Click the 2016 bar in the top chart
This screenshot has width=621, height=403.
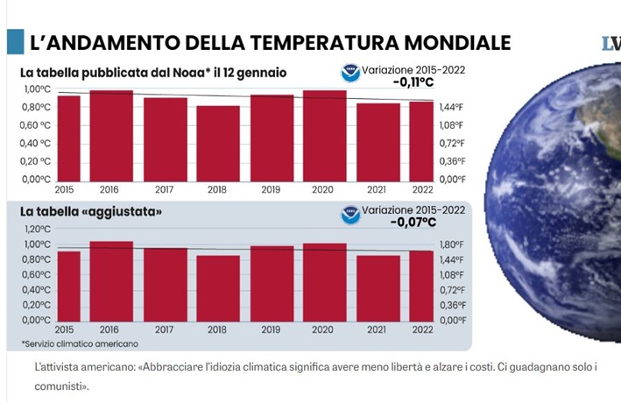pyautogui.click(x=111, y=135)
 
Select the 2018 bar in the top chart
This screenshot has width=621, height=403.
pyautogui.click(x=217, y=143)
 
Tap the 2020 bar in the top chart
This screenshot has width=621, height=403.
pyautogui.click(x=324, y=135)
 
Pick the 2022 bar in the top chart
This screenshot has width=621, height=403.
pyautogui.click(x=420, y=140)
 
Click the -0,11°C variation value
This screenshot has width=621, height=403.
pyautogui.click(x=414, y=83)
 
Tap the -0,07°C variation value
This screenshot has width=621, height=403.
pyautogui.click(x=414, y=223)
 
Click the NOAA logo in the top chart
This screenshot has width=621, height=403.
pyautogui.click(x=350, y=73)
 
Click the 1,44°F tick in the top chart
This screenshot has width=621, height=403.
pyautogui.click(x=450, y=107)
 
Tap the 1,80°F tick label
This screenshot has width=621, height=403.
pyautogui.click(x=450, y=244)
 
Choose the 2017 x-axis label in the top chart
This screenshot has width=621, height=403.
pyautogui.click(x=165, y=188)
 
